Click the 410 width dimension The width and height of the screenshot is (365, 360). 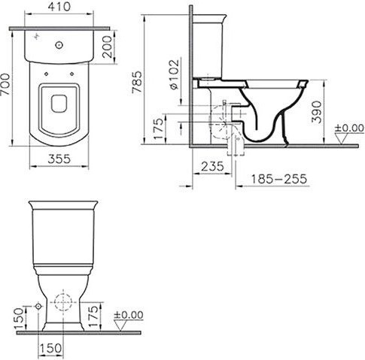(59, 7)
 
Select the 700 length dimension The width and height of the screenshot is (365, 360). (5, 84)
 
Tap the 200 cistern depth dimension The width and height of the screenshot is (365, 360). (108, 47)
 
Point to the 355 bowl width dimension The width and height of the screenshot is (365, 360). (59, 159)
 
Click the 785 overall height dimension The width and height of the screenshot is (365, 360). (137, 82)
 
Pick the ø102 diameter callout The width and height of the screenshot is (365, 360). (175, 74)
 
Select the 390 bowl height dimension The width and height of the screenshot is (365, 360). (316, 112)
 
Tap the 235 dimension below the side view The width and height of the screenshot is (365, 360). (212, 166)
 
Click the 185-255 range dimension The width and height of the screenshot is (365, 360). (279, 179)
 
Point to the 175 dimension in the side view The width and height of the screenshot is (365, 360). (159, 129)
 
